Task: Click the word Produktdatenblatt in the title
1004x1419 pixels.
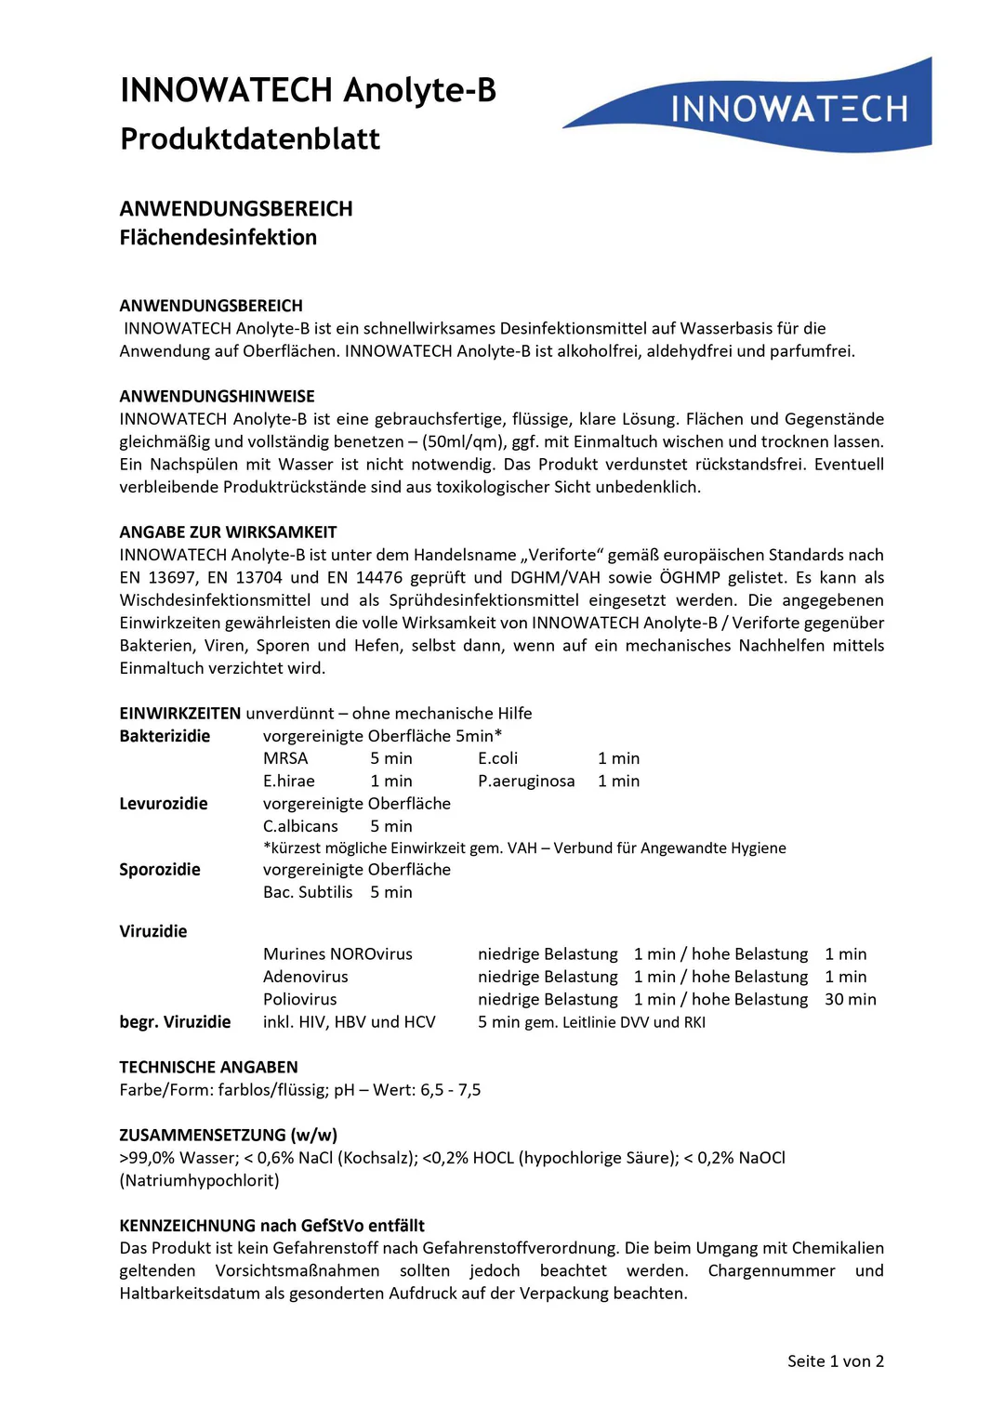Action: tap(250, 139)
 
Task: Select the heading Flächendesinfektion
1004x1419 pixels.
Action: tap(218, 238)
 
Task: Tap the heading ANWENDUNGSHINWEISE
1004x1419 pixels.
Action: tap(217, 397)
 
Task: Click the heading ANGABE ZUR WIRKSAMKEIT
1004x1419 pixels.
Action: tap(228, 532)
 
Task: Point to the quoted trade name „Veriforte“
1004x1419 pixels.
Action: tap(562, 555)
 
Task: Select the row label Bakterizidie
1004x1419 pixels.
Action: tap(165, 736)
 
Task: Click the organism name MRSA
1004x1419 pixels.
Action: tap(285, 758)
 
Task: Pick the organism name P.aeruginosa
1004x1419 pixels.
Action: tap(526, 782)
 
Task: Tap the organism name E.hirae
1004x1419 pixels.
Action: tap(289, 782)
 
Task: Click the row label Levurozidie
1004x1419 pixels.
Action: tap(164, 804)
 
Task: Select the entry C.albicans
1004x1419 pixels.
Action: tap(300, 826)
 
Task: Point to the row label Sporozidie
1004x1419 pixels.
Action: tap(160, 870)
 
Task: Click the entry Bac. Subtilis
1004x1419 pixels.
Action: tap(308, 892)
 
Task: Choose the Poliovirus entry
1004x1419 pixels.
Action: tap(300, 1000)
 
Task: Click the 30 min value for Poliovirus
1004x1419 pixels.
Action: tap(850, 1000)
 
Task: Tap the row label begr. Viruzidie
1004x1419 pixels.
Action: tap(175, 1022)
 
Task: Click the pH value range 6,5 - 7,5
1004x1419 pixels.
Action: tap(451, 1090)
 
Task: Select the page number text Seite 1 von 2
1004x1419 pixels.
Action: tap(835, 1361)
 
